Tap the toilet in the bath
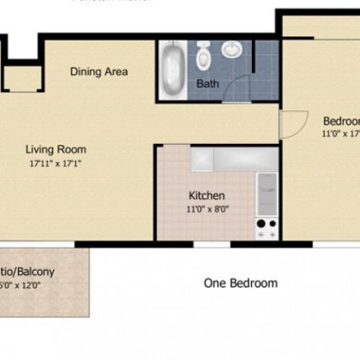coord(203,53)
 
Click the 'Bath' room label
coord(207,84)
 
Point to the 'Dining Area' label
coord(99,71)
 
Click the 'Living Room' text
coord(55,150)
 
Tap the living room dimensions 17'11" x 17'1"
coord(55,163)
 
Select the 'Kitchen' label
coord(207,195)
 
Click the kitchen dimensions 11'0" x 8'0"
coord(207,209)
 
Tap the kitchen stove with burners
coord(266,228)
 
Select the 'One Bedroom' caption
coord(240,283)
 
